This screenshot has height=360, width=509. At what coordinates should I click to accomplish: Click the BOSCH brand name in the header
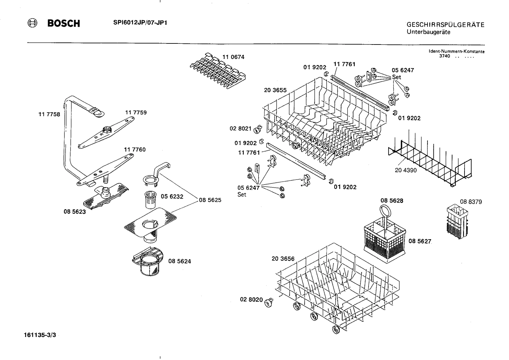64,24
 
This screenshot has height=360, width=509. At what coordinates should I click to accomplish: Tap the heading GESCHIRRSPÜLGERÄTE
445,25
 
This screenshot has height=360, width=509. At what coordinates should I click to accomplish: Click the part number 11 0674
233,57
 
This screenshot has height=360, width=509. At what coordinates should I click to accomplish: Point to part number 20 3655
275,90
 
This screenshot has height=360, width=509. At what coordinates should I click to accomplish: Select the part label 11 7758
49,114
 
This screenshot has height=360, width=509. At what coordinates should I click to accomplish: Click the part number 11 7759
136,112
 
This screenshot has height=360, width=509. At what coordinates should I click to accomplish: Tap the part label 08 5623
74,212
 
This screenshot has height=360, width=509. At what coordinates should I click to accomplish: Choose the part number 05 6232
172,196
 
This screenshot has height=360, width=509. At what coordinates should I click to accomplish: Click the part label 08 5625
210,200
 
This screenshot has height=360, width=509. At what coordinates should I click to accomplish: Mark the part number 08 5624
180,261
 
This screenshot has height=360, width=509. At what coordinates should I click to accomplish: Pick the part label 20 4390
406,170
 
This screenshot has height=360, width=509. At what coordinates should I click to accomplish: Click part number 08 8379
471,202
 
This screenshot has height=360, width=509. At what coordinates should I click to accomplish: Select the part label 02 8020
251,300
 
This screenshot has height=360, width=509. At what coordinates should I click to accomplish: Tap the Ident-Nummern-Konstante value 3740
444,57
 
